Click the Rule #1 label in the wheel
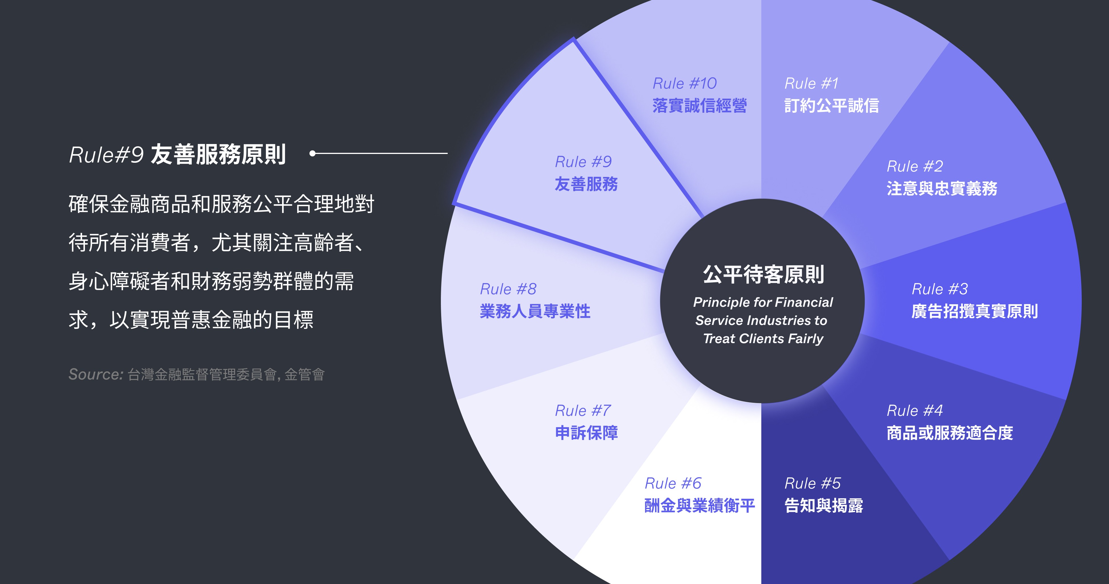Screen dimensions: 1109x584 pos(812,84)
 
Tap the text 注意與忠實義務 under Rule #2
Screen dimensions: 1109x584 pos(942,189)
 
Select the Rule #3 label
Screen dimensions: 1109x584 pos(939,289)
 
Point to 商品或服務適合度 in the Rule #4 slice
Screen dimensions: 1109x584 pos(950,433)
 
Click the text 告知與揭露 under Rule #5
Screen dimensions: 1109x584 pos(824,506)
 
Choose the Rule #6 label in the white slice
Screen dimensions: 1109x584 pos(673,483)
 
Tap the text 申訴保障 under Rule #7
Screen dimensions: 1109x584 pos(586,433)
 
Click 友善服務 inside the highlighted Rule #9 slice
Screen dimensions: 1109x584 pos(586,184)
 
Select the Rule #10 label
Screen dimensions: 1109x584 pos(685,84)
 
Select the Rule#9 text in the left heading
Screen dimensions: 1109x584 pos(106,155)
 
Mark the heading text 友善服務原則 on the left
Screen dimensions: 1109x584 pos(218,155)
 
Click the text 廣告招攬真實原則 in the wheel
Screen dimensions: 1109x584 pos(974,311)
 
